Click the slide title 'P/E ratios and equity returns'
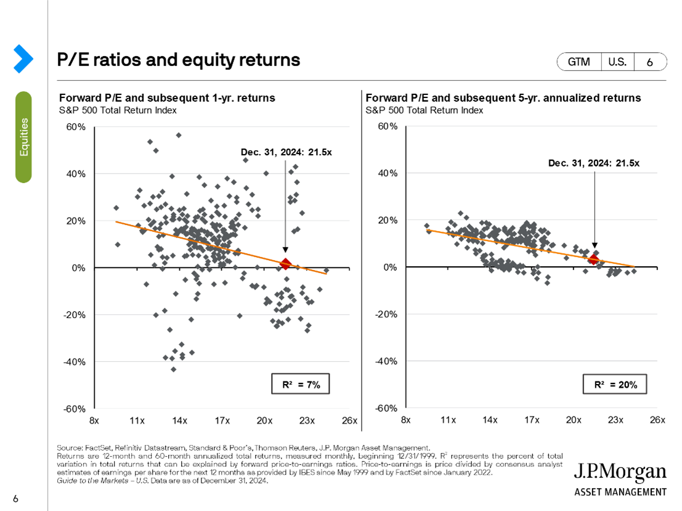(x=179, y=60)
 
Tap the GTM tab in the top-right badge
(x=578, y=62)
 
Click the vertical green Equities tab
(x=23, y=137)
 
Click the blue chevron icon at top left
(x=23, y=58)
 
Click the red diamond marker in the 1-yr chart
(x=285, y=264)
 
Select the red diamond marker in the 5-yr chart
(x=594, y=259)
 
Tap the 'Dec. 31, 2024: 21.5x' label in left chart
(x=286, y=152)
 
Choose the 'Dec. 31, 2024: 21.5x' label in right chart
(x=595, y=163)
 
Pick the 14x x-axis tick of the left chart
(x=179, y=420)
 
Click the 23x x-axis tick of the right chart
(x=615, y=420)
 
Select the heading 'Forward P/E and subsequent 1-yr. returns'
(x=166, y=98)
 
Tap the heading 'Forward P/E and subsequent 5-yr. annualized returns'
(x=503, y=98)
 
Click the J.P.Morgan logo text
(x=620, y=473)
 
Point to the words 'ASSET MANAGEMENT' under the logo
(x=620, y=492)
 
